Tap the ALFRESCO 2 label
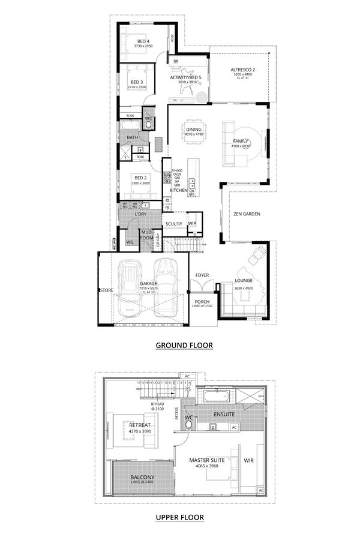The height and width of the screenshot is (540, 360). coord(243,70)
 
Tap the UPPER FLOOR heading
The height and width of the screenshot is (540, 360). coord(180,517)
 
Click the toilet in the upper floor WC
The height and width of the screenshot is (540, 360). coord(190,424)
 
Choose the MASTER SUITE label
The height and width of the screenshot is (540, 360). coord(207,460)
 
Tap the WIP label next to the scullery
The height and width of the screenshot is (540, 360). coord(192,224)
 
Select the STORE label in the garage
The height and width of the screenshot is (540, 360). coord(107,291)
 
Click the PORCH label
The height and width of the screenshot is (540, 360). coord(201,303)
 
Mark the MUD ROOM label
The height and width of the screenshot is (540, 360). coord(147,235)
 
